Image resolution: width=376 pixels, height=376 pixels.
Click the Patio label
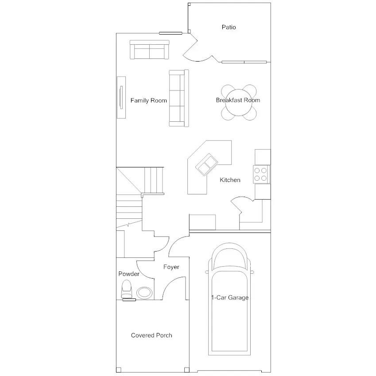[x=229, y=27]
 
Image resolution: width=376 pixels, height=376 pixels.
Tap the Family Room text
[x=149, y=101]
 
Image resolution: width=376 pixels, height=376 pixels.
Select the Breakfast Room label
[x=238, y=100]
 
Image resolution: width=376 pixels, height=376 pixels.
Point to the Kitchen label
[x=230, y=180]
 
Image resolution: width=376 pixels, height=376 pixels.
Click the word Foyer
[x=171, y=267]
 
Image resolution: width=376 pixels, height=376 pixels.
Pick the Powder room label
[x=129, y=274]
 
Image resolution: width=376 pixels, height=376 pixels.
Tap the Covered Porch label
[x=151, y=335]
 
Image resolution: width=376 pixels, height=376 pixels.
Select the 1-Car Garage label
[x=230, y=298]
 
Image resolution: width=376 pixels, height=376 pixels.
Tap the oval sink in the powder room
[x=144, y=293]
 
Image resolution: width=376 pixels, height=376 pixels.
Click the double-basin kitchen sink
[x=206, y=164]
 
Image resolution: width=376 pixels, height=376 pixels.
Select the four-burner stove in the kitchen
[x=261, y=174]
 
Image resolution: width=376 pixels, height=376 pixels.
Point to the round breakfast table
[x=239, y=102]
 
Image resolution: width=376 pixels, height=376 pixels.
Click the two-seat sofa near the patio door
[x=149, y=50]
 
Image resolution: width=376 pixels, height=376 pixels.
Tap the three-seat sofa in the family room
[x=179, y=98]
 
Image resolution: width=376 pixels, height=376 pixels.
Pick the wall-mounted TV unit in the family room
[x=121, y=97]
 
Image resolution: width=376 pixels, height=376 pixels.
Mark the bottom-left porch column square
[x=118, y=369]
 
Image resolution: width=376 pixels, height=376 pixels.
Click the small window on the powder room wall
[x=129, y=300]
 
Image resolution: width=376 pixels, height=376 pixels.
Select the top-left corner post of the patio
[x=189, y=4]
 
